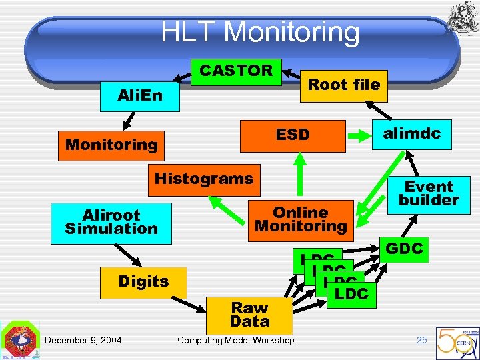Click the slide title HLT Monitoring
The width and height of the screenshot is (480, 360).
click(260, 31)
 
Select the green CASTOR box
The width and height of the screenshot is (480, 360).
click(236, 71)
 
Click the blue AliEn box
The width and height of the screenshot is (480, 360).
click(140, 95)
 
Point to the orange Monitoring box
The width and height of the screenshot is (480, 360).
click(111, 145)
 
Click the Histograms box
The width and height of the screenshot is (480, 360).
click(204, 179)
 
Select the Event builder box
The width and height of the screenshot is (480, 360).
click(429, 193)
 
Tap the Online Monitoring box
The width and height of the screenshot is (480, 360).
click(301, 219)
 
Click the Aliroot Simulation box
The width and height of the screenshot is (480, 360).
click(111, 222)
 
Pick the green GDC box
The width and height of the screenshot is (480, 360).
click(404, 249)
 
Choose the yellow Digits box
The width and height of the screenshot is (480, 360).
click(143, 282)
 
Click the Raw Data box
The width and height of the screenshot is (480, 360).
click(249, 315)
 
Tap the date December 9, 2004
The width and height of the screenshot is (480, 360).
click(83, 341)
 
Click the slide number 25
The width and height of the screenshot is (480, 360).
click(421, 340)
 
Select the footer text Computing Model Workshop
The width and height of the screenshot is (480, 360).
click(235, 341)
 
